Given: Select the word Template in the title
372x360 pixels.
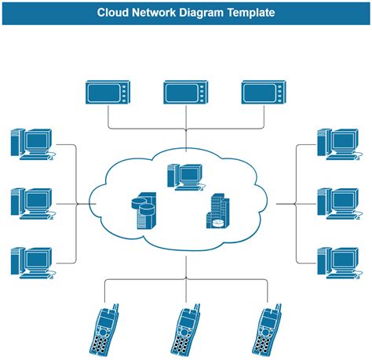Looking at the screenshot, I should (x=248, y=13).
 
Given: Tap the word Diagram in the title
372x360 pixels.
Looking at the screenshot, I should (x=195, y=13).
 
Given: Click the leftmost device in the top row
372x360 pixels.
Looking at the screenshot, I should (x=107, y=93).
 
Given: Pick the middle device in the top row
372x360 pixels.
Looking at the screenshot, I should (x=186, y=93).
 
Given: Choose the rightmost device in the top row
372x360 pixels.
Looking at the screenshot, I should (x=264, y=93).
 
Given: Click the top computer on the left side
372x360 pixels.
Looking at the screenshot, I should (x=32, y=144).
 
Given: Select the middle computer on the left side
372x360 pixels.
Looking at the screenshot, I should (x=32, y=203).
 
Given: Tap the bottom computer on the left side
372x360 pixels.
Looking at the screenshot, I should (x=32, y=262).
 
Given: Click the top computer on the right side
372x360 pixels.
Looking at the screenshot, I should (x=338, y=144).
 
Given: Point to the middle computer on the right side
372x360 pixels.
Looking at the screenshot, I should (x=338, y=203).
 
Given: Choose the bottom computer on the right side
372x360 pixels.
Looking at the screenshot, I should (x=338, y=262).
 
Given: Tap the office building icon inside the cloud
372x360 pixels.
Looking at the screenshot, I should (x=220, y=212).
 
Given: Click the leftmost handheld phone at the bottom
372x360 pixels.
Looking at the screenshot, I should (x=106, y=329).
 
